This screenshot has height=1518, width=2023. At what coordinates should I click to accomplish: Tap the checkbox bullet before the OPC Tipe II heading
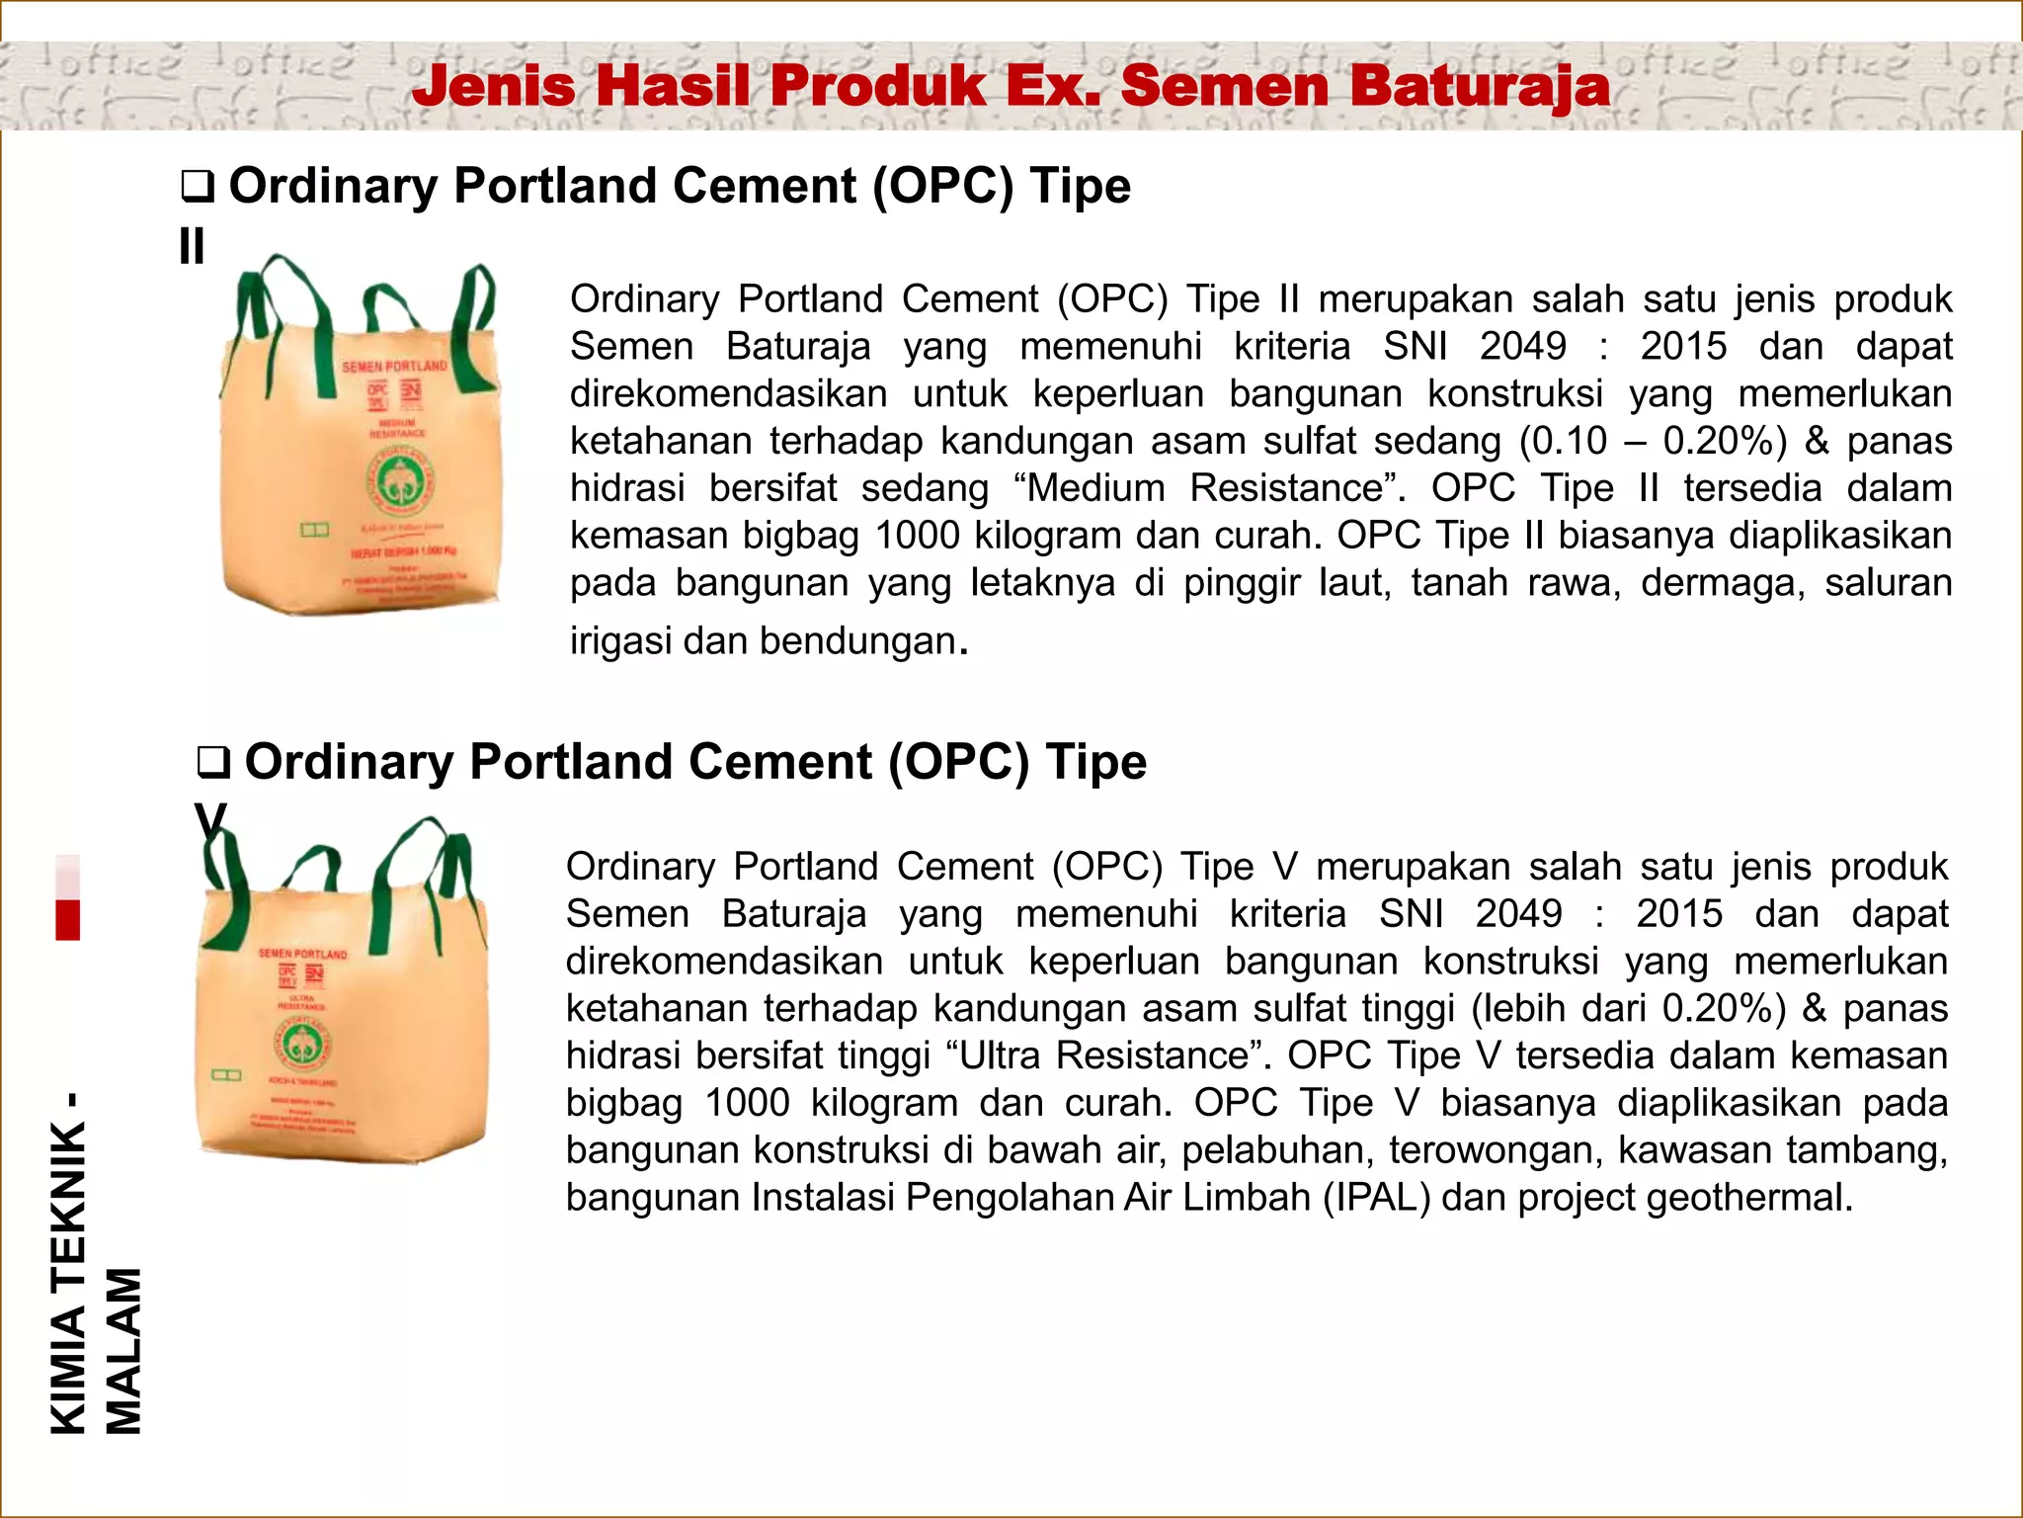(x=198, y=188)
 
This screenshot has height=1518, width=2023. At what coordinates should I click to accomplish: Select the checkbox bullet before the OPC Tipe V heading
(x=213, y=763)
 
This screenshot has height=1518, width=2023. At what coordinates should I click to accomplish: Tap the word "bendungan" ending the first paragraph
(x=858, y=641)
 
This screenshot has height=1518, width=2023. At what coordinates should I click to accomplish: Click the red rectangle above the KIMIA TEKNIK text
(x=67, y=919)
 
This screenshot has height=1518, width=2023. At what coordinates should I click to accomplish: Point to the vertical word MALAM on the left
(x=124, y=1351)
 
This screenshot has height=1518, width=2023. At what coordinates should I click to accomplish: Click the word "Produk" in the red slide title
(x=880, y=86)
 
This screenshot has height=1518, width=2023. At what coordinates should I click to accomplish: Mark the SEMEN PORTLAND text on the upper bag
(x=394, y=367)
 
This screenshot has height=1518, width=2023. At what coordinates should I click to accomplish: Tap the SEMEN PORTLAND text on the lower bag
(x=302, y=954)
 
